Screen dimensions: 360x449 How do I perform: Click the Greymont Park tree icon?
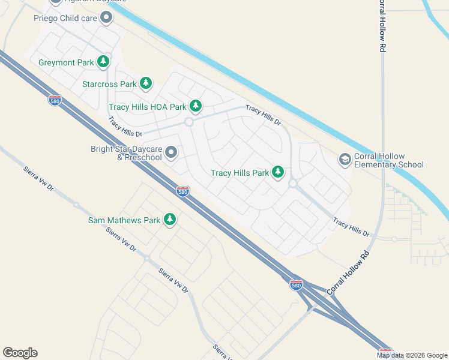tap(103, 62)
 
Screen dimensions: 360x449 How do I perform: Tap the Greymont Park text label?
tap(66, 62)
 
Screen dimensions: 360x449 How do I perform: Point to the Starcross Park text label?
tap(109, 84)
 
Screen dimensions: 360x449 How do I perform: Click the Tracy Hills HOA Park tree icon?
tap(195, 106)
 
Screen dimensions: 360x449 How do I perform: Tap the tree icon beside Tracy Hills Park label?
tap(277, 172)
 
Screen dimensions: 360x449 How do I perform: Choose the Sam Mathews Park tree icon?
tap(170, 220)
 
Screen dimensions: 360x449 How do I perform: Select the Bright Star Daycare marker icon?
tap(171, 152)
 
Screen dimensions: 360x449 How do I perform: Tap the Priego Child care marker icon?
tap(106, 17)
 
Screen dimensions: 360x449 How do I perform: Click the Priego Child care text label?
tap(64, 18)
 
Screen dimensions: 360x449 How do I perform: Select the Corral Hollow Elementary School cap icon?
tap(345, 159)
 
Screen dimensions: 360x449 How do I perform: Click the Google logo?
tap(20, 353)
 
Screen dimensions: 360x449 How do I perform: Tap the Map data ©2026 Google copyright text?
tap(412, 355)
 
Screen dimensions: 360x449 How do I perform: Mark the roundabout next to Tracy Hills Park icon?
tap(294, 184)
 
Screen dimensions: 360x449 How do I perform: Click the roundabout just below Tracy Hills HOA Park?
tap(188, 122)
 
